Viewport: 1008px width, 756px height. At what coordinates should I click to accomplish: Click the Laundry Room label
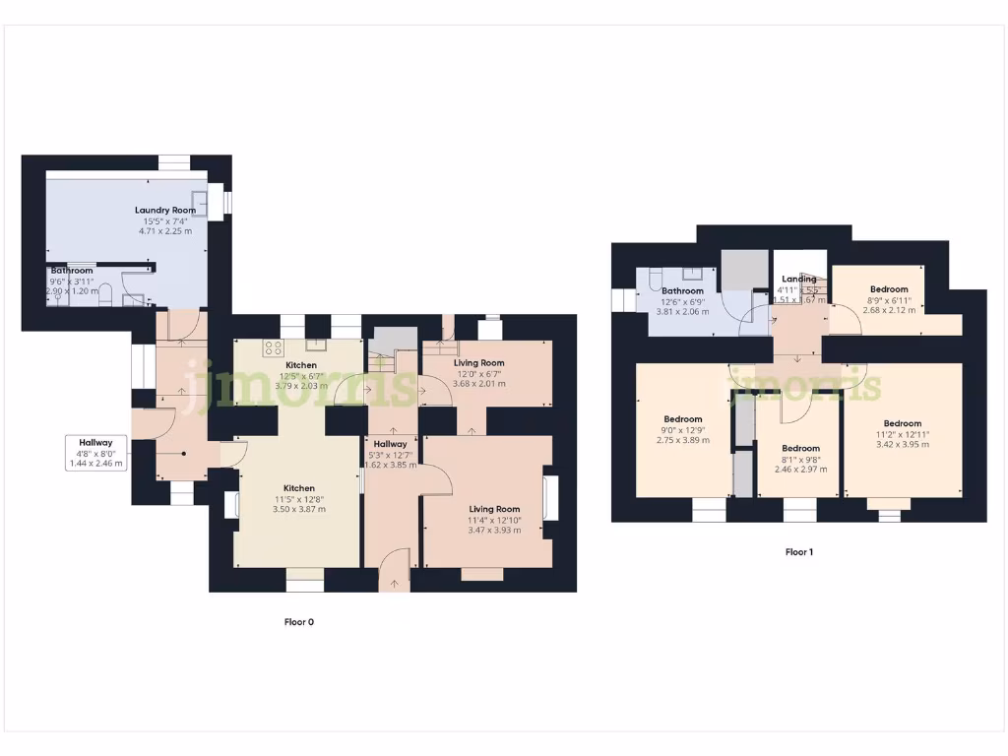[x=165, y=210]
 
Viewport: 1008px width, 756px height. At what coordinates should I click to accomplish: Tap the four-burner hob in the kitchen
[x=273, y=347]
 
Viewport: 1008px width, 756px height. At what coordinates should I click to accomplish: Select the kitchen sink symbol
[x=316, y=345]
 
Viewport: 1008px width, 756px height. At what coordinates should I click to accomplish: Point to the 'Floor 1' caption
[x=798, y=552]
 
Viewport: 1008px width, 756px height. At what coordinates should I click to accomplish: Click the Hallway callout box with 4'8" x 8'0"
[x=96, y=453]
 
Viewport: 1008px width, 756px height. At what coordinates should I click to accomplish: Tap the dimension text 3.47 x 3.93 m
[x=494, y=531]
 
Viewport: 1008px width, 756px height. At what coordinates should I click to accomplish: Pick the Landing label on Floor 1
[x=798, y=279]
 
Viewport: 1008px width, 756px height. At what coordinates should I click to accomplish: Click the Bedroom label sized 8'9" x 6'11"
[x=889, y=288]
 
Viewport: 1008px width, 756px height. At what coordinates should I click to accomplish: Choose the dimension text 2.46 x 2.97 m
[x=800, y=470]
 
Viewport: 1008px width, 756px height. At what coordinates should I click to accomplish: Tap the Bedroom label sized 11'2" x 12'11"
[x=902, y=423]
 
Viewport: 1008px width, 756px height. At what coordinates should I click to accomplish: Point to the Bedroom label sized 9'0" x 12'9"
[x=682, y=418]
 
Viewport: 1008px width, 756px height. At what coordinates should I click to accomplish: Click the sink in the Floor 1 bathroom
[x=693, y=273]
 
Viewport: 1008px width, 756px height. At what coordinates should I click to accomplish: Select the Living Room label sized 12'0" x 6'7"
[x=478, y=362]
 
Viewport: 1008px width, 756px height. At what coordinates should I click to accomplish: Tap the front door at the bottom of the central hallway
[x=395, y=571]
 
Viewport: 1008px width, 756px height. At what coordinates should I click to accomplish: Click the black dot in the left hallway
[x=183, y=454]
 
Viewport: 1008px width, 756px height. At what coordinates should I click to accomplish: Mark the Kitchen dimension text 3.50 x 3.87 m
[x=299, y=509]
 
